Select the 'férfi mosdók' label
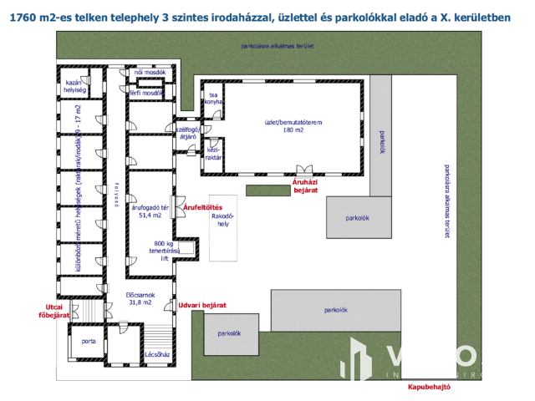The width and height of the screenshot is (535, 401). pos(145,93)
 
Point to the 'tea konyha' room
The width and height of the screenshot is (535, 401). pos(213,99)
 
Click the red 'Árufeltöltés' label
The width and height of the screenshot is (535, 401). pos(201,206)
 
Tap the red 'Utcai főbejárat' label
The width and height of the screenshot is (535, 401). pos(52,310)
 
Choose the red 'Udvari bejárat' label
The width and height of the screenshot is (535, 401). pos(203,306)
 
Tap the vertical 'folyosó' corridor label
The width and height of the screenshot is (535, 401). pos(117,194)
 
